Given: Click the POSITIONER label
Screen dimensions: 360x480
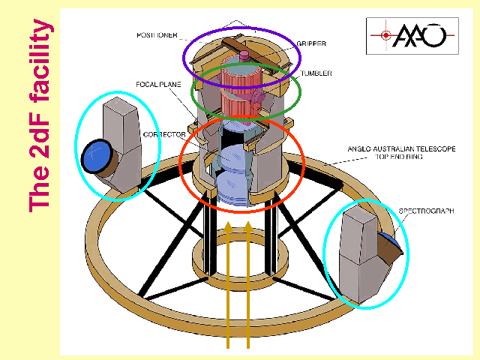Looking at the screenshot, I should point(157,35).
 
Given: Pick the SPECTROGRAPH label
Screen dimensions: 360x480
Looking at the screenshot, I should point(427,211).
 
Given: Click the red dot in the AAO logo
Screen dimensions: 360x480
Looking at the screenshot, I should point(385,34).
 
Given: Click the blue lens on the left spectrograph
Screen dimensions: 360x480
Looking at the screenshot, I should point(95,157).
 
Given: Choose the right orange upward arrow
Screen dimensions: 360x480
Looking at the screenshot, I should point(248,285).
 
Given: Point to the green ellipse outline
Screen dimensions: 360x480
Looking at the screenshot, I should point(300,94).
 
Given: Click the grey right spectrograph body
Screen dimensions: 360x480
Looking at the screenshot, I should point(358,255).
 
